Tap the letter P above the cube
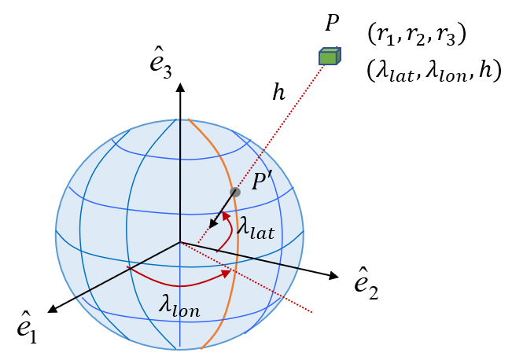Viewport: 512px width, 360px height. (x=331, y=24)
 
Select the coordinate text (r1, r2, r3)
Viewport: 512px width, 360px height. (x=418, y=35)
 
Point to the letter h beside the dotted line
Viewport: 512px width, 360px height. (x=278, y=93)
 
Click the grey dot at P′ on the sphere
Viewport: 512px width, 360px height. (x=234, y=192)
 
